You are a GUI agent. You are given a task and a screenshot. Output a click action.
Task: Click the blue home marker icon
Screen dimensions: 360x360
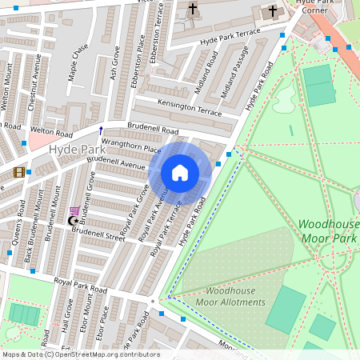tap(180, 173)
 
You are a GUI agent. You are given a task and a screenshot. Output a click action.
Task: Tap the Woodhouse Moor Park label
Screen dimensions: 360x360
tap(328, 231)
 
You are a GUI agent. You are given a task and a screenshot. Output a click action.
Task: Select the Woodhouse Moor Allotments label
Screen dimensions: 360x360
tap(235, 296)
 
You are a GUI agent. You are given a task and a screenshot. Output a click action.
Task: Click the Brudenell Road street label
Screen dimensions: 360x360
tap(153, 128)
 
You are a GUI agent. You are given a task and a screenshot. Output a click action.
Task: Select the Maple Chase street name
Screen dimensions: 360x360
tap(78, 62)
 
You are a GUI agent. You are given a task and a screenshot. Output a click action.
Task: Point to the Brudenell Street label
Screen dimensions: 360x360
tap(98, 233)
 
